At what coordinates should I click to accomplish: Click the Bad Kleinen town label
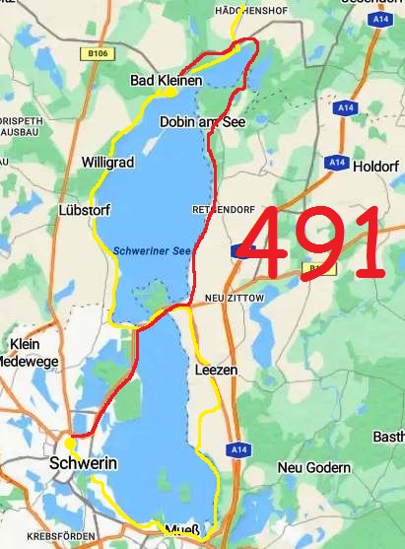166,80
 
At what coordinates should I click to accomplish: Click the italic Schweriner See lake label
152,250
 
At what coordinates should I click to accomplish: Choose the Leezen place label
217,370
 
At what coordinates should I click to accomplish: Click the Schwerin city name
84,462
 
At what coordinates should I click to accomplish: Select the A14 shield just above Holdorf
338,161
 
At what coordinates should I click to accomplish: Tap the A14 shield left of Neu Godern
238,450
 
